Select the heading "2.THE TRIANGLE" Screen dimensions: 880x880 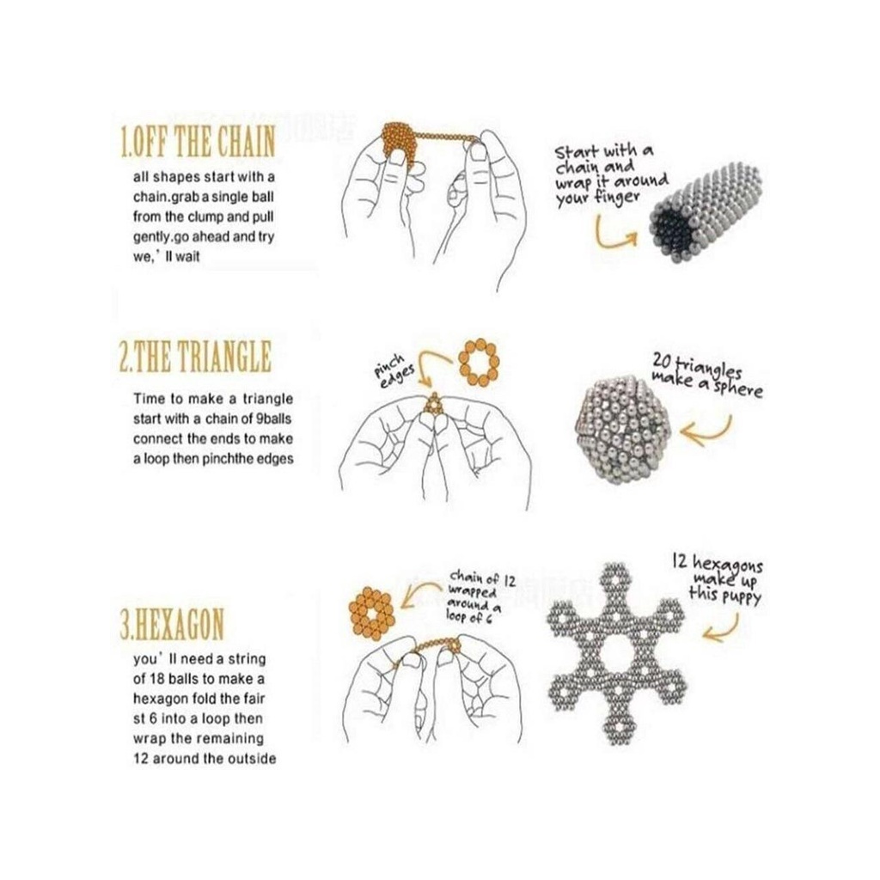point(195,356)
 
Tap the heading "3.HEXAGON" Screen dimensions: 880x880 point(172,624)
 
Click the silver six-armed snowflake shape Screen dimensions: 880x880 point(616,653)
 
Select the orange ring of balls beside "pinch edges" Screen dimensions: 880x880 point(479,362)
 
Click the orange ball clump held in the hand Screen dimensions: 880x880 point(399,144)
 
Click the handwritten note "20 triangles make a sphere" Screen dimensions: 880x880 point(706,375)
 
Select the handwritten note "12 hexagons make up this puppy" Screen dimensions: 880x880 point(718,578)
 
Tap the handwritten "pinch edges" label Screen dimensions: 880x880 point(395,371)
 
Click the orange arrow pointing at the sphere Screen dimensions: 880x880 point(707,432)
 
